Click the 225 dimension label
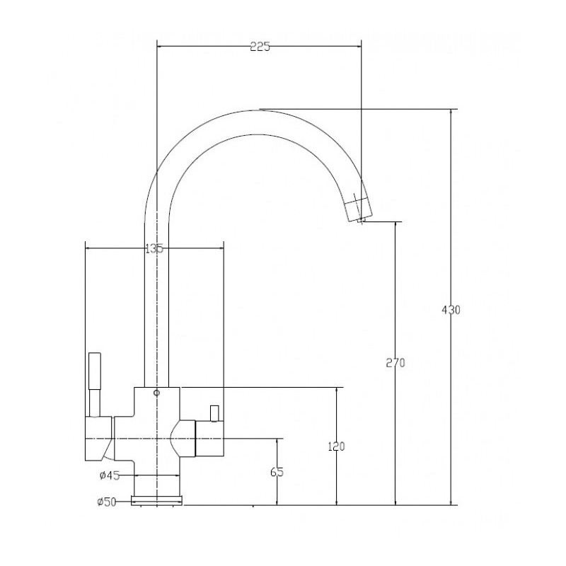(x=260, y=47)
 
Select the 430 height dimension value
(x=451, y=310)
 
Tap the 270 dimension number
(x=395, y=362)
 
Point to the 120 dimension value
(x=337, y=446)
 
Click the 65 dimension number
(x=277, y=472)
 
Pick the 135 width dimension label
(x=154, y=248)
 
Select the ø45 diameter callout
(x=110, y=475)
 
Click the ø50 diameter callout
(x=107, y=502)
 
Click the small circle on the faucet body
(x=156, y=393)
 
